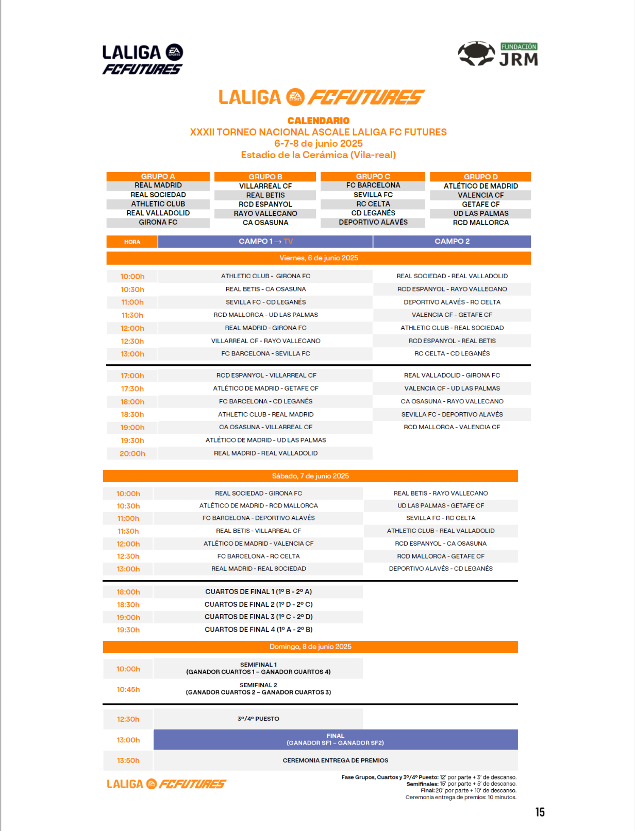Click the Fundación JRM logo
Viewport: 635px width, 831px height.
point(498,54)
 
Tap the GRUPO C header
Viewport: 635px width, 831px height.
point(373,176)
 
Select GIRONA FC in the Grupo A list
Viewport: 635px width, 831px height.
point(158,222)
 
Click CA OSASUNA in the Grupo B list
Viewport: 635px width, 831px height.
point(265,223)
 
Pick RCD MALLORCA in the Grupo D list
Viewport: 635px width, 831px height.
point(480,223)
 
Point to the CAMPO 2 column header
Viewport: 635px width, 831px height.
point(452,241)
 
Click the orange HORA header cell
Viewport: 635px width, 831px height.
point(132,242)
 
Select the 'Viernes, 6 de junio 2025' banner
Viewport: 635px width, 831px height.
point(319,258)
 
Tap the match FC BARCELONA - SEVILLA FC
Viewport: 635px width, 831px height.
point(265,353)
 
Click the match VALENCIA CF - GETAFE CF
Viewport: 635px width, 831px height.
point(452,315)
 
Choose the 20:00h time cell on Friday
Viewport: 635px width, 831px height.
point(132,453)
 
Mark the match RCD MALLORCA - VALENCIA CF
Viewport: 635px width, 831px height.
point(452,427)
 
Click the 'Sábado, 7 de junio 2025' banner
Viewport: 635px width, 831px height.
point(310,476)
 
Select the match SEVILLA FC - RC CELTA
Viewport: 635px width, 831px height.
point(441,518)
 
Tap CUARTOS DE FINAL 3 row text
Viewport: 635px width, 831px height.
point(259,617)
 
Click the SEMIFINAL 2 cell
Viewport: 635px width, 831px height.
point(258,689)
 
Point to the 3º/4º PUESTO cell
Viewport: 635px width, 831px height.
point(258,719)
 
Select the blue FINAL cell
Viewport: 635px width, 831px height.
point(335,739)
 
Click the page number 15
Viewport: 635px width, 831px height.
point(540,812)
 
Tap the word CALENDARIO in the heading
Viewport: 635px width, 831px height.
point(318,121)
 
